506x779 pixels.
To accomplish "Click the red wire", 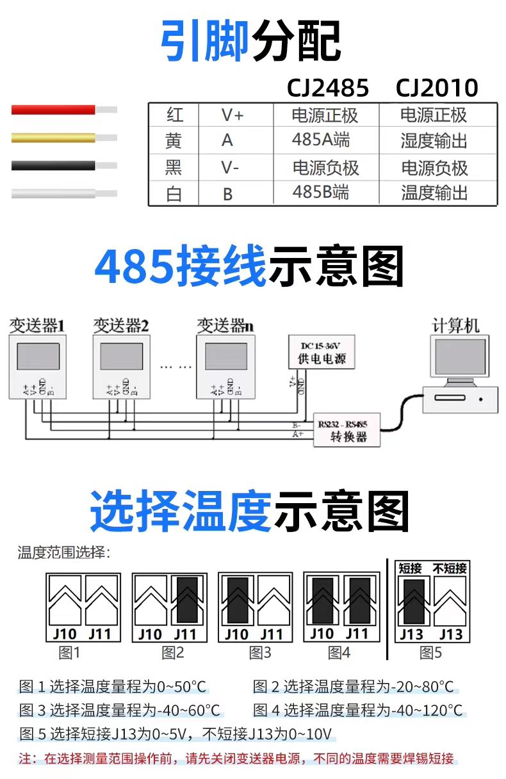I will point(54,109).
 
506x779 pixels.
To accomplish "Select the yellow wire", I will point(54,137).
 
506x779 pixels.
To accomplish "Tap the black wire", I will point(54,165).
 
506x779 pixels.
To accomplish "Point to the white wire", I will point(54,193).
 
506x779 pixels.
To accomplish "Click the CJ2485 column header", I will point(327,88).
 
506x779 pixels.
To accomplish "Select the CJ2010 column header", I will point(437,88).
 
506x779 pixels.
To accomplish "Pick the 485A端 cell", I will point(321,140).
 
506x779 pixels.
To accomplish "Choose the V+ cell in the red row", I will point(233,115).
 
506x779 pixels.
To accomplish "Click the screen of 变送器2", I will point(121,357).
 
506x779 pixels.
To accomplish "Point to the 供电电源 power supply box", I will point(322,351).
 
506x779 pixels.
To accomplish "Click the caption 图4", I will point(339,653).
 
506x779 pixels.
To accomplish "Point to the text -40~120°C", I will point(427,710).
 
